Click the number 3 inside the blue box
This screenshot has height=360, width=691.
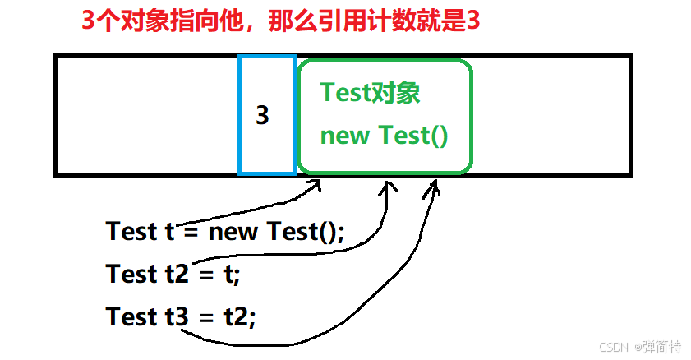coord(262,116)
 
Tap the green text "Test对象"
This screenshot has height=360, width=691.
coord(370,92)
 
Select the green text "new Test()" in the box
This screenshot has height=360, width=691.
coord(384,136)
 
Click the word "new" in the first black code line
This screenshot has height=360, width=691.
coord(234,232)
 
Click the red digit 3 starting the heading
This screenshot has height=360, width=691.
coord(87,21)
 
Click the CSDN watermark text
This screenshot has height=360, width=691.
coord(611,347)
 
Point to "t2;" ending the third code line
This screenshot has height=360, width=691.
coord(239,316)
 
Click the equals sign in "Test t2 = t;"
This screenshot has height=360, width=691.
coord(205,275)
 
